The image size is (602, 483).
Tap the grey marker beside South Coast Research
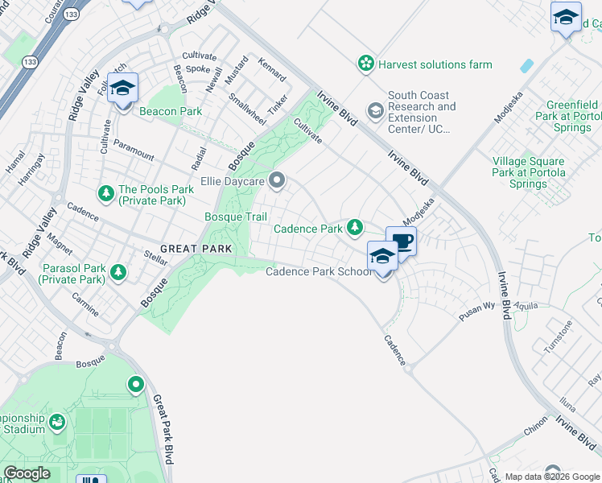[375, 109]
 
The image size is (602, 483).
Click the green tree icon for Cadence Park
[354, 229]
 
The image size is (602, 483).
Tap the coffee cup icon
[401, 240]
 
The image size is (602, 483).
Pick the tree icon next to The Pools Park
[105, 193]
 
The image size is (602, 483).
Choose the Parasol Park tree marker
[118, 272]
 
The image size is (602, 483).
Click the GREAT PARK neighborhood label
[196, 249]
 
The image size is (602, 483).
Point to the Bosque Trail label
[235, 217]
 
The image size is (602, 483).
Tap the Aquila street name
[524, 307]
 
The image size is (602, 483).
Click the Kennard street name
[272, 69]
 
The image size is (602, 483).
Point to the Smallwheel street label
[246, 109]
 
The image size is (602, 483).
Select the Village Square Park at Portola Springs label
[529, 172]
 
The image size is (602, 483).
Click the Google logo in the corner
[27, 473]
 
